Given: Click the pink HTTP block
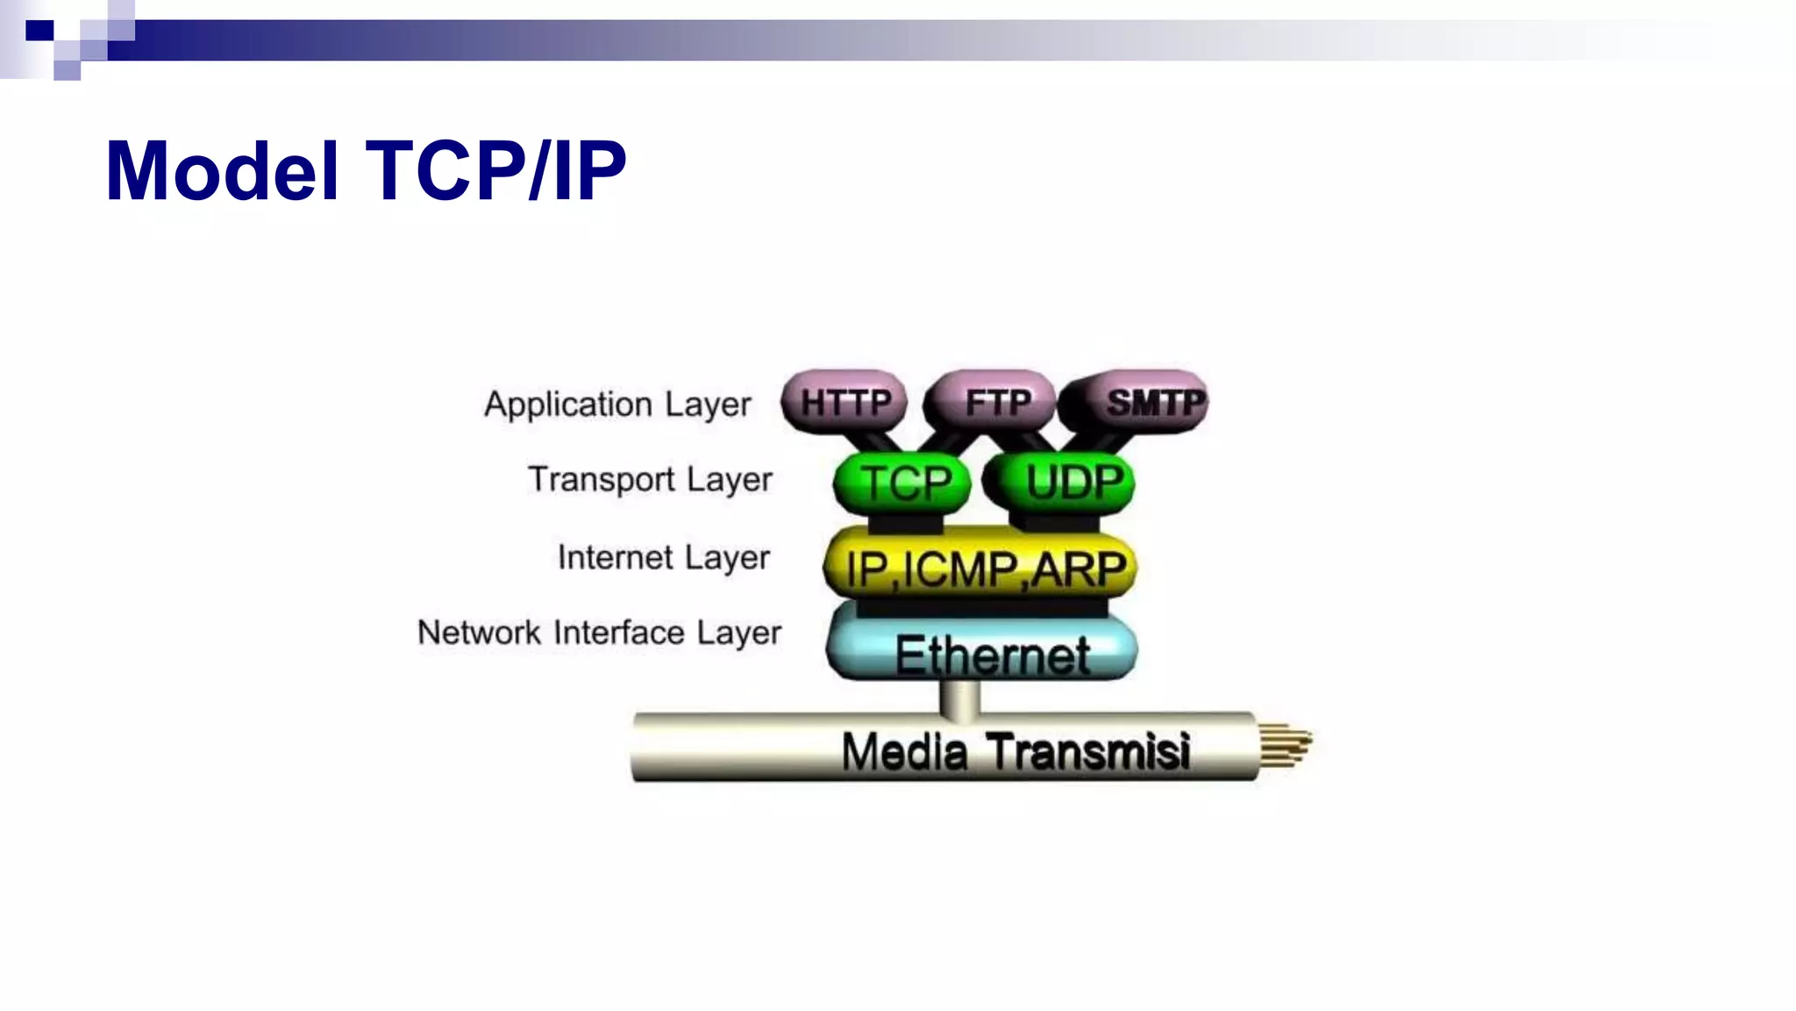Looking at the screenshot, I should (x=844, y=402).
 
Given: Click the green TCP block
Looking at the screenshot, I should (x=903, y=483).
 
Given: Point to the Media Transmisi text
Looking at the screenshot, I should (x=1016, y=752).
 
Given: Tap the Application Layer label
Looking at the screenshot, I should (x=617, y=405).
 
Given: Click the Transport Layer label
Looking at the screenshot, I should (x=650, y=480).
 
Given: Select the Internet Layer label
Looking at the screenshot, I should (x=664, y=557).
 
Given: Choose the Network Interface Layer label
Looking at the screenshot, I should (x=599, y=633).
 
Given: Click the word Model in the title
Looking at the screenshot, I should (x=222, y=171).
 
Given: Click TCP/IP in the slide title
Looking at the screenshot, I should (x=496, y=171).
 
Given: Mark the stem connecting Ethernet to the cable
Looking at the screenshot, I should (x=959, y=699).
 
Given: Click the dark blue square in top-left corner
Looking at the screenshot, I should (x=39, y=32).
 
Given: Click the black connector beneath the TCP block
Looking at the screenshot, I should (x=905, y=524).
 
